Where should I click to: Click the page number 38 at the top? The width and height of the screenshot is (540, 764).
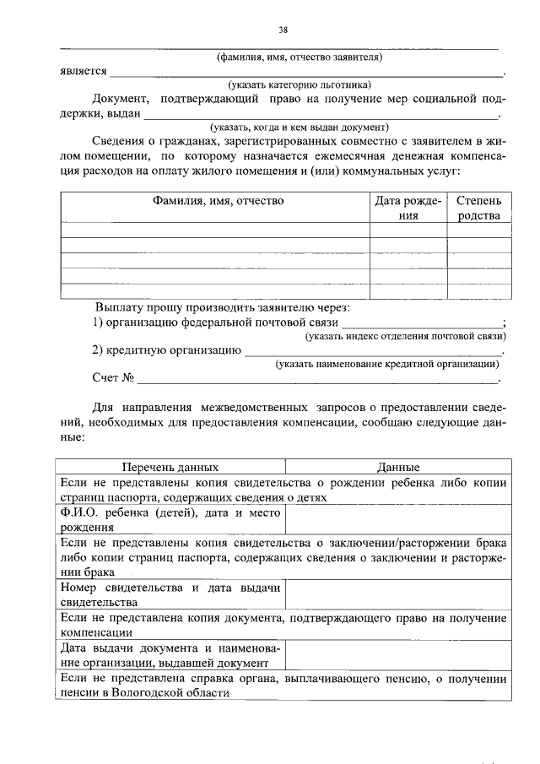click(283, 30)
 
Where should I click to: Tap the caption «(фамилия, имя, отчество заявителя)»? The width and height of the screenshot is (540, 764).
click(300, 57)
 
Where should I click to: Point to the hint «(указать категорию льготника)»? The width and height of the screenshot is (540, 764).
click(300, 84)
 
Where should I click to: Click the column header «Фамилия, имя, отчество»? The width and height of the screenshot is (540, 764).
click(218, 201)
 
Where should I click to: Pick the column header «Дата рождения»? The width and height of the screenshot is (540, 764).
click(408, 208)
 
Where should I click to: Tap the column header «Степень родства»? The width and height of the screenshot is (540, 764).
click(478, 208)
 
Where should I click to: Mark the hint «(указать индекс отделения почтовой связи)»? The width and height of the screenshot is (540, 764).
click(405, 336)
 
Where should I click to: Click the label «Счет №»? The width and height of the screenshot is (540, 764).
click(114, 377)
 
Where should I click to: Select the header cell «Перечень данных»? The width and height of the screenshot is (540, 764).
click(170, 467)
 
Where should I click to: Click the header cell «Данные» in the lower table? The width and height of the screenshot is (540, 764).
click(398, 467)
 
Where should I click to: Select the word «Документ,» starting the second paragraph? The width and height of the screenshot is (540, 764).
click(121, 99)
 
